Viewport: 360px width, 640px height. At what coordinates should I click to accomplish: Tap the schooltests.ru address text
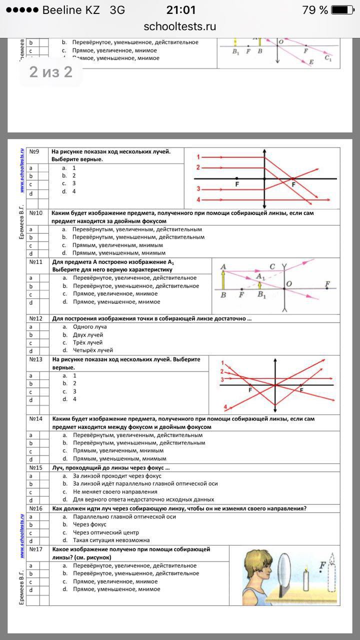(x=179, y=26)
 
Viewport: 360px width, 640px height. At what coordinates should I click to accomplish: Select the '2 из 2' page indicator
(x=50, y=72)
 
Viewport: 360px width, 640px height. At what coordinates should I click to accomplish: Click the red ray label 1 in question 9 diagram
(x=198, y=156)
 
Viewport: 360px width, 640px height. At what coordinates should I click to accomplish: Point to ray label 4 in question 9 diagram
(x=198, y=200)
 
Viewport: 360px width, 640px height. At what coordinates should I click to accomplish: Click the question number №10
(x=35, y=213)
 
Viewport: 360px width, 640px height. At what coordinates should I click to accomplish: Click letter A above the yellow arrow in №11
(x=222, y=266)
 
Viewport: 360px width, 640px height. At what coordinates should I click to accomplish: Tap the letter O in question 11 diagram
(x=288, y=284)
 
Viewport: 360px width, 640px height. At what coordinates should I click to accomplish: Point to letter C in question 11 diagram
(x=272, y=266)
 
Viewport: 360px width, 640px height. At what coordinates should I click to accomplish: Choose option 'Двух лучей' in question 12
(x=88, y=334)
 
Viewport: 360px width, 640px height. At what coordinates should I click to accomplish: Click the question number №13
(x=35, y=359)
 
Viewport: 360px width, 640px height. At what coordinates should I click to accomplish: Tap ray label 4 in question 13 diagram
(x=225, y=406)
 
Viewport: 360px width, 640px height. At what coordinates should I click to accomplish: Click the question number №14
(x=35, y=418)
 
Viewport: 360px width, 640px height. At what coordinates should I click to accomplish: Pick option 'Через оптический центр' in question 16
(x=105, y=532)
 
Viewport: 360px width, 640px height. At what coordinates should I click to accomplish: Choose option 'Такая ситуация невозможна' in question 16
(x=111, y=540)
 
